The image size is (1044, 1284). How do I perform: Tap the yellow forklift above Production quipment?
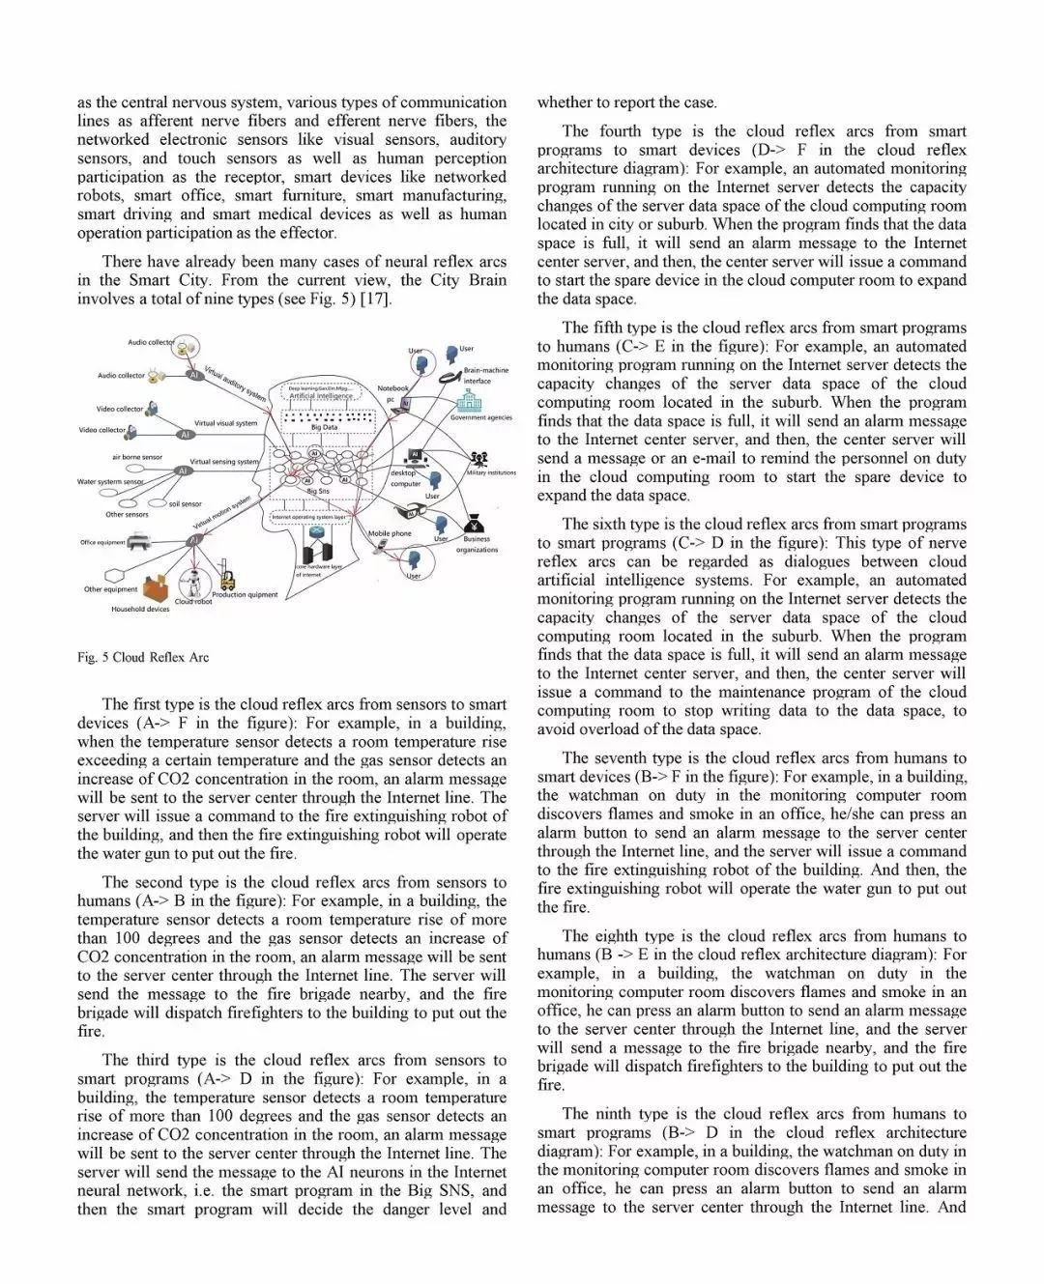pos(227,578)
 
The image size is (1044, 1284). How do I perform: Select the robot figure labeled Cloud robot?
pos(197,584)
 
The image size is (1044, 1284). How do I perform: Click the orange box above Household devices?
pos(156,587)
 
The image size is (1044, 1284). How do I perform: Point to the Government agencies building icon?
pos(469,402)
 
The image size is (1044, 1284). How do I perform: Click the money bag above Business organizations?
pos(476,525)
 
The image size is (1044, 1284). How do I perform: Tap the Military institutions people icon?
pos(478,459)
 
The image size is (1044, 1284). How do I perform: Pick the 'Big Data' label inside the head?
pos(324,427)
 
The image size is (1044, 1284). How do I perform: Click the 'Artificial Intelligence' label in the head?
pos(321,396)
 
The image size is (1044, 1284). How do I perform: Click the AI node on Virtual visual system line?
pos(185,435)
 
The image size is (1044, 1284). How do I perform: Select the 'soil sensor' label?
pos(186,503)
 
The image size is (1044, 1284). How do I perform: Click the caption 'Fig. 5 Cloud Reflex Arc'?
pos(143,657)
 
